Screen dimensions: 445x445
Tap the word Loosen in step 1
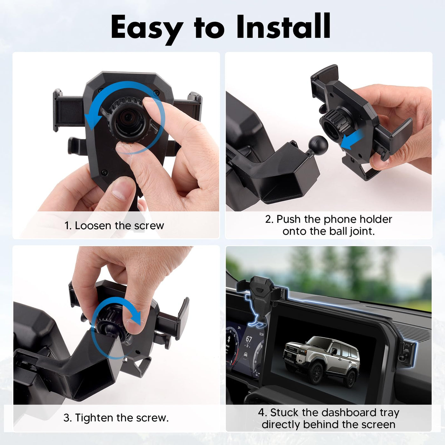click(x=93, y=225)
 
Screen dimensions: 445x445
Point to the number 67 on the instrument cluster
click(x=249, y=339)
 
